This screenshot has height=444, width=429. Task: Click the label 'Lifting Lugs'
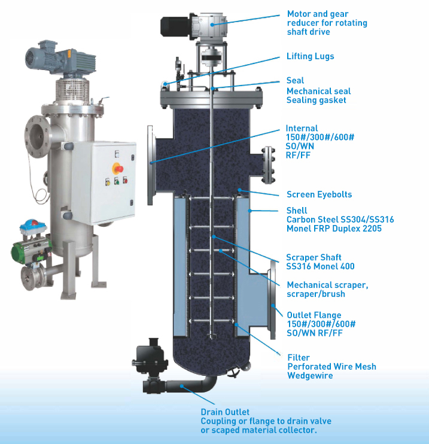(x=310, y=56)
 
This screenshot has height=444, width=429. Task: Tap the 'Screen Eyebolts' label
(x=319, y=194)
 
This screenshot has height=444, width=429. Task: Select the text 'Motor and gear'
(x=318, y=14)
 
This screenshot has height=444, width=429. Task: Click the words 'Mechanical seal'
(x=318, y=91)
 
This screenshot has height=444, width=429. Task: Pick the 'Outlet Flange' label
(x=314, y=315)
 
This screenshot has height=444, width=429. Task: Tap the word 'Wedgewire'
(x=311, y=375)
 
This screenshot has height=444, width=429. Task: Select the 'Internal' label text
(x=302, y=128)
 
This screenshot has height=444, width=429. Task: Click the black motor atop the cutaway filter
(x=175, y=26)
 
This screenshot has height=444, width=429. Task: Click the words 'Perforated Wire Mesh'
(x=331, y=366)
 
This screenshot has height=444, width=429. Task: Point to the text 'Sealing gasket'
(x=316, y=100)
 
